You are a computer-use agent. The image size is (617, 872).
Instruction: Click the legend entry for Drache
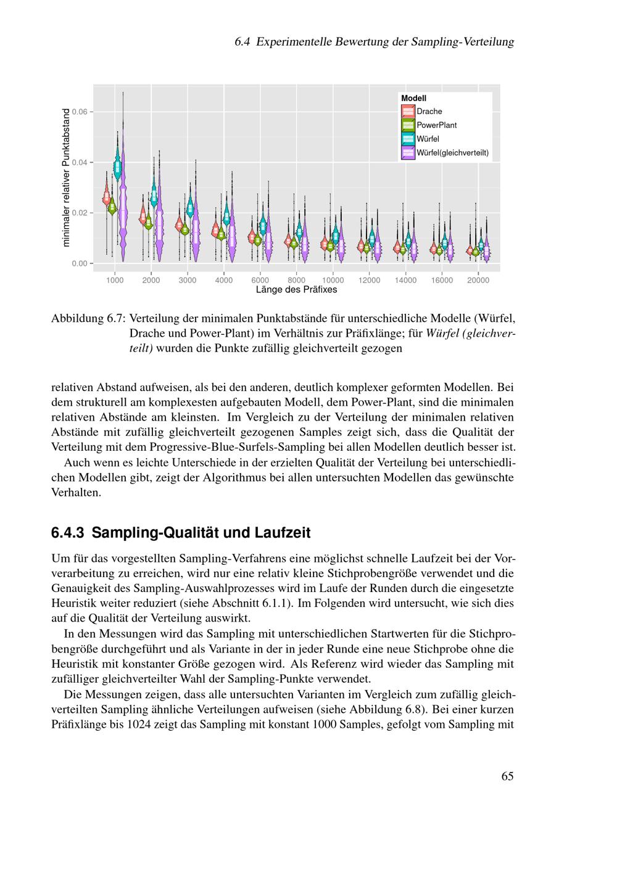(x=429, y=112)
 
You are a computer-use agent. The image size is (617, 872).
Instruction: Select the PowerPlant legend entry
(x=436, y=125)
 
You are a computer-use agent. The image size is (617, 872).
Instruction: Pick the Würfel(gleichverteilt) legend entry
(x=452, y=153)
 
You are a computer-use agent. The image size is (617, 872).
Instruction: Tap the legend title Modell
(x=413, y=98)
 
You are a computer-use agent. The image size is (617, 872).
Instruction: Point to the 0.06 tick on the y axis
(x=81, y=112)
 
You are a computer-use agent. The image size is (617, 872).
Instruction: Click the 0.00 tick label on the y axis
(x=81, y=263)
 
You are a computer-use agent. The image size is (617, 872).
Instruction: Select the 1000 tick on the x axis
(x=115, y=280)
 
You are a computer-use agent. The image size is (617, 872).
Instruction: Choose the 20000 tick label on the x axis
(x=478, y=280)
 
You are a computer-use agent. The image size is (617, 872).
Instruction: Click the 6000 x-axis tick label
(x=260, y=280)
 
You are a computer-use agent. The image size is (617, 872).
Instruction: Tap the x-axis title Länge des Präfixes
(x=296, y=289)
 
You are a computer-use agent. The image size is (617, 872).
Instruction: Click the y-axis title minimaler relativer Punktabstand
(x=67, y=178)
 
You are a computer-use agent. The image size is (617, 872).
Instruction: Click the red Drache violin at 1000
(x=106, y=197)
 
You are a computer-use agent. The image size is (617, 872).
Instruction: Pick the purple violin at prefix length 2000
(x=159, y=222)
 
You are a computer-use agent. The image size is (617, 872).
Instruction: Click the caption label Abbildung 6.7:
(x=88, y=319)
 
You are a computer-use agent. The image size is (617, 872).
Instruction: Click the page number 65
(x=507, y=776)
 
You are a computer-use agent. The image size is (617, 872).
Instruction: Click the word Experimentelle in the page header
(x=293, y=42)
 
